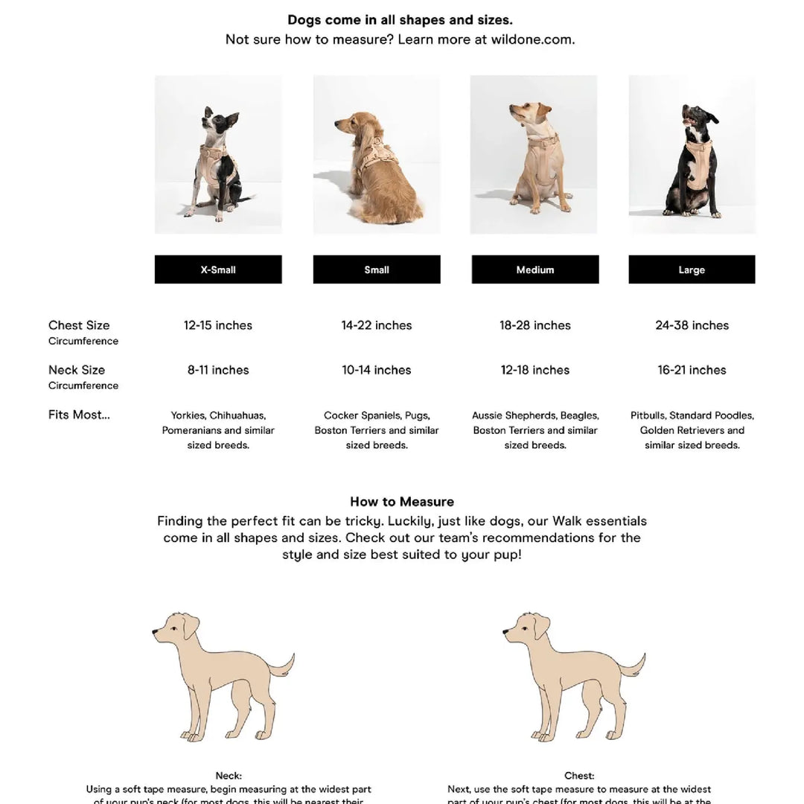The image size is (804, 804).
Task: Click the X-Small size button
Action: (218, 269)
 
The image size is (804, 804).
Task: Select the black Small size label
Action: (377, 269)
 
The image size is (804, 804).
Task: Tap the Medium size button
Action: (535, 269)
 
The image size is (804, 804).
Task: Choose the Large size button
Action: (692, 269)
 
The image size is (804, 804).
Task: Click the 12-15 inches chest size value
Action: (218, 325)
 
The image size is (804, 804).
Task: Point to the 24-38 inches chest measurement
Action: (692, 325)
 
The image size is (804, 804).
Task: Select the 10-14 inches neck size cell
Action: (377, 370)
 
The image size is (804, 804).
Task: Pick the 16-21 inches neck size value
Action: (692, 370)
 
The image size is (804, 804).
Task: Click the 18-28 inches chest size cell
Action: (535, 325)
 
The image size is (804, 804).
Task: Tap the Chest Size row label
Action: (79, 325)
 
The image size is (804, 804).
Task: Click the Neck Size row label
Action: (77, 370)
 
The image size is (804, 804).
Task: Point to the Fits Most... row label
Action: (79, 415)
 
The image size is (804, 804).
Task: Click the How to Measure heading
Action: (402, 502)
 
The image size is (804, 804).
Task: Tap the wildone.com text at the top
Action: (532, 39)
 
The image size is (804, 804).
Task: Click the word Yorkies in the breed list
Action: (188, 415)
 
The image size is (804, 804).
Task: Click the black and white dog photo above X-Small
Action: (218, 154)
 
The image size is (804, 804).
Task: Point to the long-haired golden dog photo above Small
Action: (377, 154)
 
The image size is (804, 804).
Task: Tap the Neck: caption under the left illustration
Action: (229, 776)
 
